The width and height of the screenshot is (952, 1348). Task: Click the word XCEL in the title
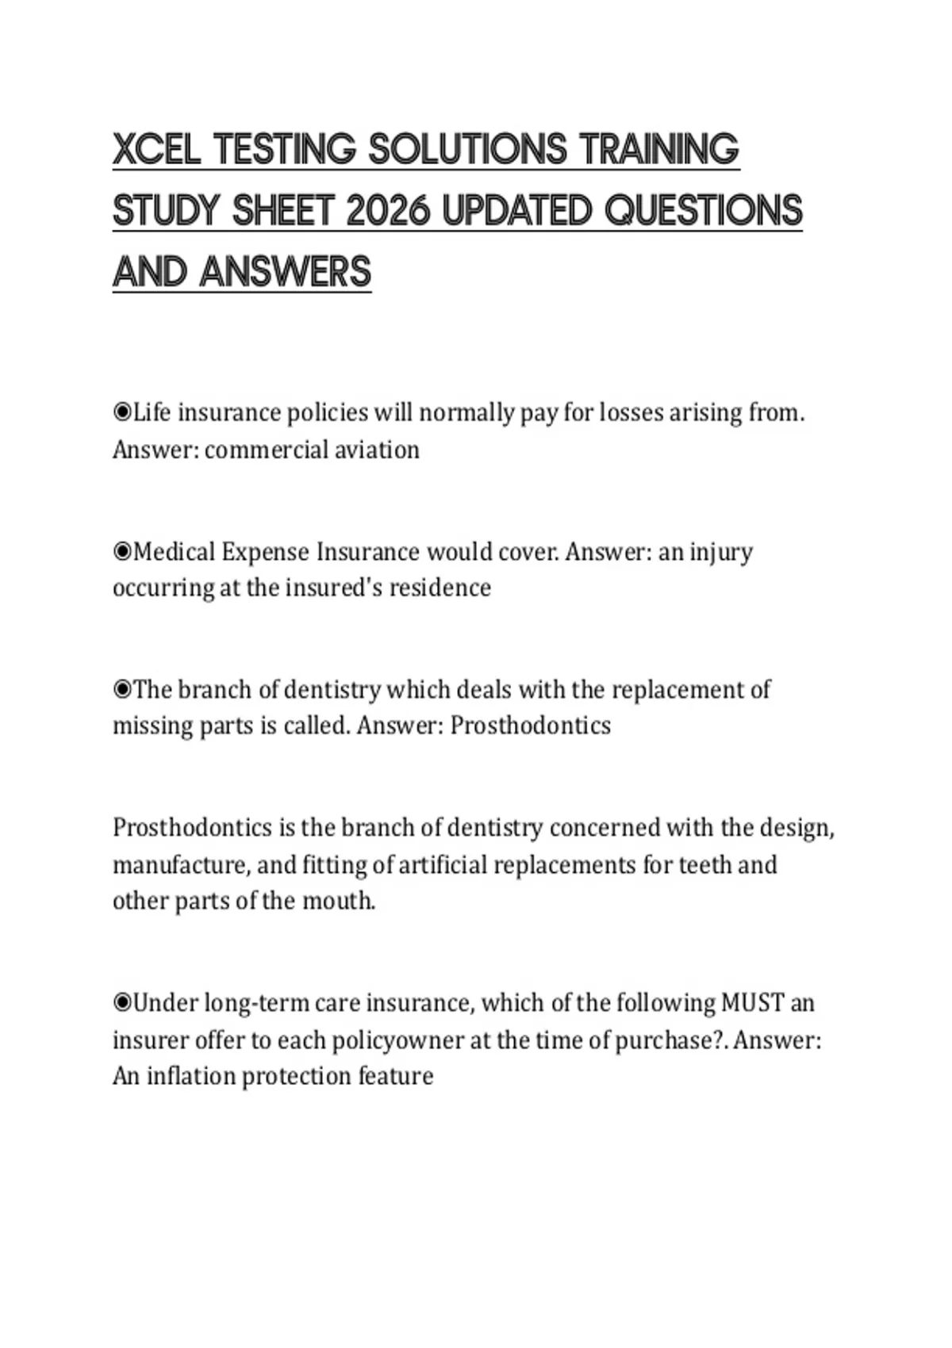point(156,149)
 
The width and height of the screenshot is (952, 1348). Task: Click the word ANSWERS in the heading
point(286,272)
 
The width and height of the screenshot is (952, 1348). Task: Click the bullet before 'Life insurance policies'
point(122,412)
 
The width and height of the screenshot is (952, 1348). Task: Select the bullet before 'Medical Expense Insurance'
point(122,551)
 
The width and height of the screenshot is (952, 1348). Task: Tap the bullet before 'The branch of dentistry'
point(122,689)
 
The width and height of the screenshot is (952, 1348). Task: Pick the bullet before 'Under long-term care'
point(122,1003)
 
